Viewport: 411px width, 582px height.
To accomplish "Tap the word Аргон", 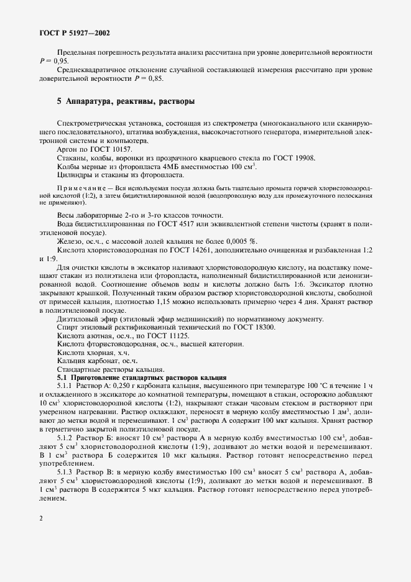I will (67, 149).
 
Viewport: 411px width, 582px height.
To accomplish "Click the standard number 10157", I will (122, 149).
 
